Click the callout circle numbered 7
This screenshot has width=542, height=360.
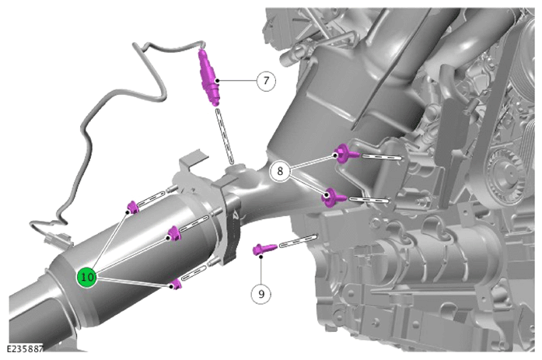[266, 81]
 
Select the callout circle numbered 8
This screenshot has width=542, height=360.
[280, 171]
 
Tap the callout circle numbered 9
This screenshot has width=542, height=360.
[261, 294]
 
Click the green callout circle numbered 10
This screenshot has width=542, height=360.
[87, 277]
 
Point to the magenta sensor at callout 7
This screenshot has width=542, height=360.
[209, 78]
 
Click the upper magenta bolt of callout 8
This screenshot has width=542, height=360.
[347, 153]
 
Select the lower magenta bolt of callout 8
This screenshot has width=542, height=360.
[334, 197]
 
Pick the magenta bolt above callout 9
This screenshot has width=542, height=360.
[265, 249]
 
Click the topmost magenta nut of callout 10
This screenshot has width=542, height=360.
[133, 208]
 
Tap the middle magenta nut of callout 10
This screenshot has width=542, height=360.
[174, 233]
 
